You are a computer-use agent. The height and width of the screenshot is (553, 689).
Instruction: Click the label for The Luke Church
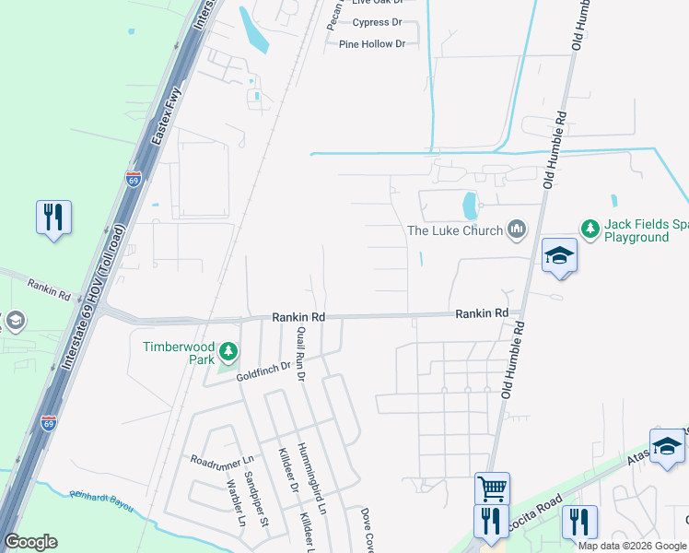[x=455, y=230]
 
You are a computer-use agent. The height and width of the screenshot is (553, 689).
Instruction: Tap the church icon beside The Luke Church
[x=516, y=229]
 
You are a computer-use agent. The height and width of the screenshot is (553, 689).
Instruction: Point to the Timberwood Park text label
[x=178, y=353]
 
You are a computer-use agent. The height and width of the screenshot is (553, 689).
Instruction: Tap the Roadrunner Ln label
[x=221, y=459]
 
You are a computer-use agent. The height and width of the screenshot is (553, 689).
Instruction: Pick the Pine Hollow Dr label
[x=372, y=44]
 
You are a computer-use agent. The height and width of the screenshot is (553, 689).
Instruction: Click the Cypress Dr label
[x=378, y=22]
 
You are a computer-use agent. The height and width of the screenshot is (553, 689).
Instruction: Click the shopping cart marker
[x=492, y=488]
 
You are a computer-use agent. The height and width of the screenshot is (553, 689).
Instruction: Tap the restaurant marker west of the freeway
[x=53, y=218]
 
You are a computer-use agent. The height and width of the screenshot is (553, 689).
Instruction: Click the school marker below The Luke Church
[x=559, y=256]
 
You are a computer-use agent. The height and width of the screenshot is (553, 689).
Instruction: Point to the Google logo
[x=30, y=542]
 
